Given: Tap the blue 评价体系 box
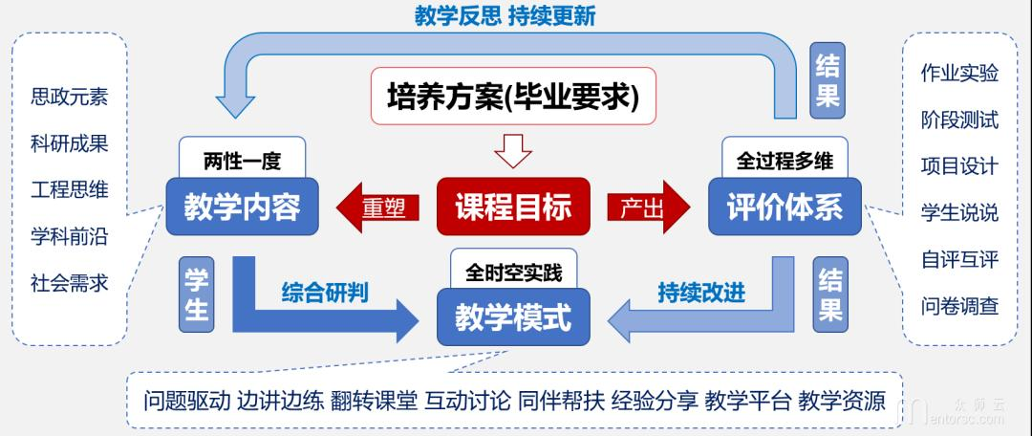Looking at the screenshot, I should (785, 207).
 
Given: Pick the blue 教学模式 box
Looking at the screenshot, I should (513, 316).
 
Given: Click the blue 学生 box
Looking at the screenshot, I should (195, 293).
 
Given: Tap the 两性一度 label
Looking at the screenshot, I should (243, 161).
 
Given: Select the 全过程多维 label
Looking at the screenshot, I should (785, 161).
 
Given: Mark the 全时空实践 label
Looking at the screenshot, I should (514, 271).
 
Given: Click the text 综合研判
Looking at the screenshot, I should (325, 292).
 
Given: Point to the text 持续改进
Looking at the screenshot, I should (701, 292).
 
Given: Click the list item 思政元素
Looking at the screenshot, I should (70, 97).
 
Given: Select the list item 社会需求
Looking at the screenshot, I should (70, 283).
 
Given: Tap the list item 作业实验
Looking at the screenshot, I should (959, 74).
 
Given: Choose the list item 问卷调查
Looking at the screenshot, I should (959, 306).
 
